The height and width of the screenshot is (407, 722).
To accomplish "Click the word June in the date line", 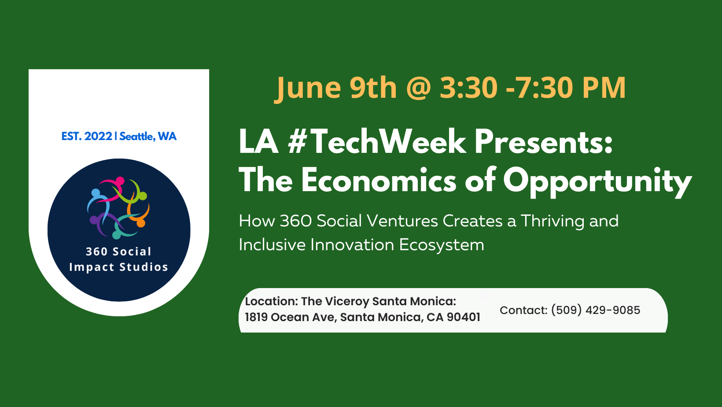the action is (x=308, y=88).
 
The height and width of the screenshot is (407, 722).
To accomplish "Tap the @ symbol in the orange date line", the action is (x=419, y=88).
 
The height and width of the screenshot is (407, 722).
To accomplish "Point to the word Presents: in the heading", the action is (x=544, y=142).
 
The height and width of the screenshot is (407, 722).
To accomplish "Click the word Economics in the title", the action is (x=379, y=180).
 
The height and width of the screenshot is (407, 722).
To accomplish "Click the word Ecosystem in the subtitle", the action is (x=442, y=245).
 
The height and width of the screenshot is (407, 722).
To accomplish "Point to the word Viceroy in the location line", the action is (x=347, y=302).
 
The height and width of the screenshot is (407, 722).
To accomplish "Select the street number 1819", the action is (x=256, y=317).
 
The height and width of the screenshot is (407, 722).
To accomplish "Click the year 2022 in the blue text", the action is (x=98, y=137).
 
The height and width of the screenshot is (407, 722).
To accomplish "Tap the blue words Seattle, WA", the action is (x=148, y=137).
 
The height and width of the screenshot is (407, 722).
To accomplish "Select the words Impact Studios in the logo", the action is (x=118, y=267).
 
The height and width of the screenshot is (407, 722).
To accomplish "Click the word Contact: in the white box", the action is (x=523, y=310).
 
